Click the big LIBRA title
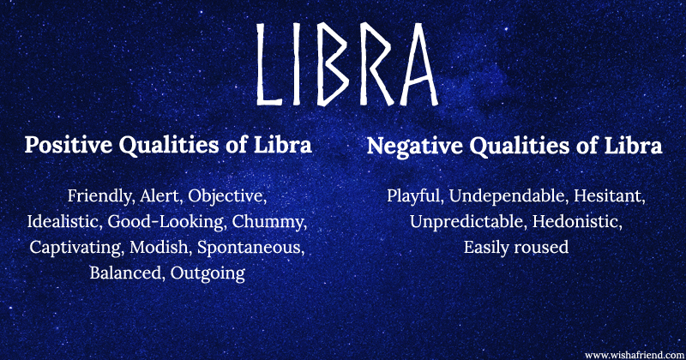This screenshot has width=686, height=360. (343, 64)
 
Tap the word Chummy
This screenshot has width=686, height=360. (268, 222)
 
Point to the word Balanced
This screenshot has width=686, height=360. (125, 273)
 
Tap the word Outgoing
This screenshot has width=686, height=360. (208, 273)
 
